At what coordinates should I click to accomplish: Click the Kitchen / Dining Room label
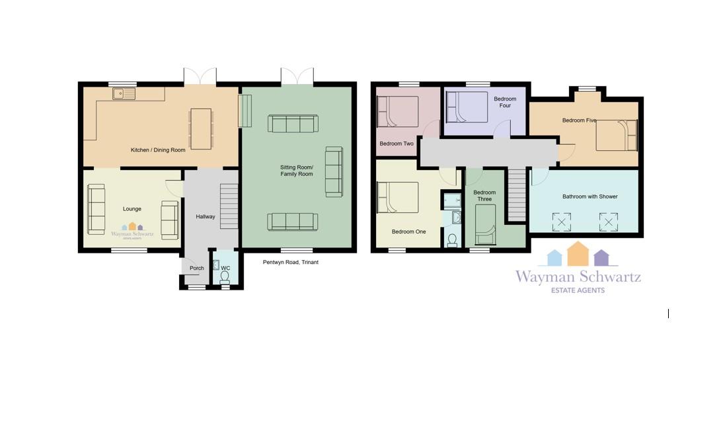pyautogui.click(x=158, y=150)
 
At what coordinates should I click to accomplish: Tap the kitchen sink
pyautogui.click(x=124, y=94)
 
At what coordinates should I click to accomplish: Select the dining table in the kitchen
pyautogui.click(x=202, y=129)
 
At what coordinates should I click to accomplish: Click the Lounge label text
pyautogui.click(x=132, y=208)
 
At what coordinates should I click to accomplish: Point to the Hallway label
pyautogui.click(x=205, y=216)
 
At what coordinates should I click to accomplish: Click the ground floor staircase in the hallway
pyautogui.click(x=229, y=206)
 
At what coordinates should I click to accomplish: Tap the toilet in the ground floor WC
pyautogui.click(x=225, y=278)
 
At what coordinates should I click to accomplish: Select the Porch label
pyautogui.click(x=196, y=269)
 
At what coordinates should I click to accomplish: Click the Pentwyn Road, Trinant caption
pyautogui.click(x=291, y=262)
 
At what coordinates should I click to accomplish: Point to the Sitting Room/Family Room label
pyautogui.click(x=297, y=171)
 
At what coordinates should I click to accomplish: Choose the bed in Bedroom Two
pyautogui.click(x=397, y=111)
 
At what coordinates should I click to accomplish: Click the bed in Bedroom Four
pyautogui.click(x=467, y=107)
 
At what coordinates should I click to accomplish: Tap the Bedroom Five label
pyautogui.click(x=579, y=120)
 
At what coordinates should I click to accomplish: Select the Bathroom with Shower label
pyautogui.click(x=590, y=196)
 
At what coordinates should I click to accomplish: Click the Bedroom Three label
pyautogui.click(x=484, y=196)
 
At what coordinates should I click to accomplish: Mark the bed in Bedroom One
pyautogui.click(x=397, y=197)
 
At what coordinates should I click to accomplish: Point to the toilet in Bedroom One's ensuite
pyautogui.click(x=452, y=241)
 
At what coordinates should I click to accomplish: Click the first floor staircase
pyautogui.click(x=517, y=195)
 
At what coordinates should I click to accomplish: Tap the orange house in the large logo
pyautogui.click(x=578, y=253)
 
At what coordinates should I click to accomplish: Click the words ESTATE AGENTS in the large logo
pyautogui.click(x=578, y=290)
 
